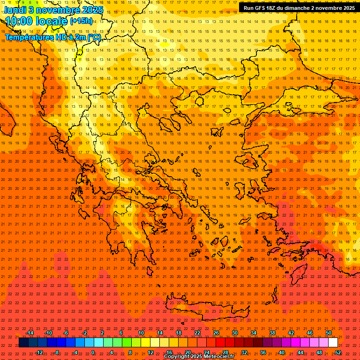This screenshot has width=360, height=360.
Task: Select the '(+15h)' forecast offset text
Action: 81,21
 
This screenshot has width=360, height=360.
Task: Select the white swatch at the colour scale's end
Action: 333,343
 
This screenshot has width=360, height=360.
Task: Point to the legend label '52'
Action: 338,352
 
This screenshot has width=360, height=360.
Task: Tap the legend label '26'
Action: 216,333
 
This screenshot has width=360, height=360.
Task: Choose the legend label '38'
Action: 272,333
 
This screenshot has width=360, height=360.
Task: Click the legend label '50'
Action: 329,333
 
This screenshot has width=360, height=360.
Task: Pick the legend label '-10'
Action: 48,333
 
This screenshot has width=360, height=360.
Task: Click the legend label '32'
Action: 244,352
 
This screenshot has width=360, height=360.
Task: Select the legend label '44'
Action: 300,352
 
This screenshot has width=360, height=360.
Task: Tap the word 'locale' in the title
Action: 53,21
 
